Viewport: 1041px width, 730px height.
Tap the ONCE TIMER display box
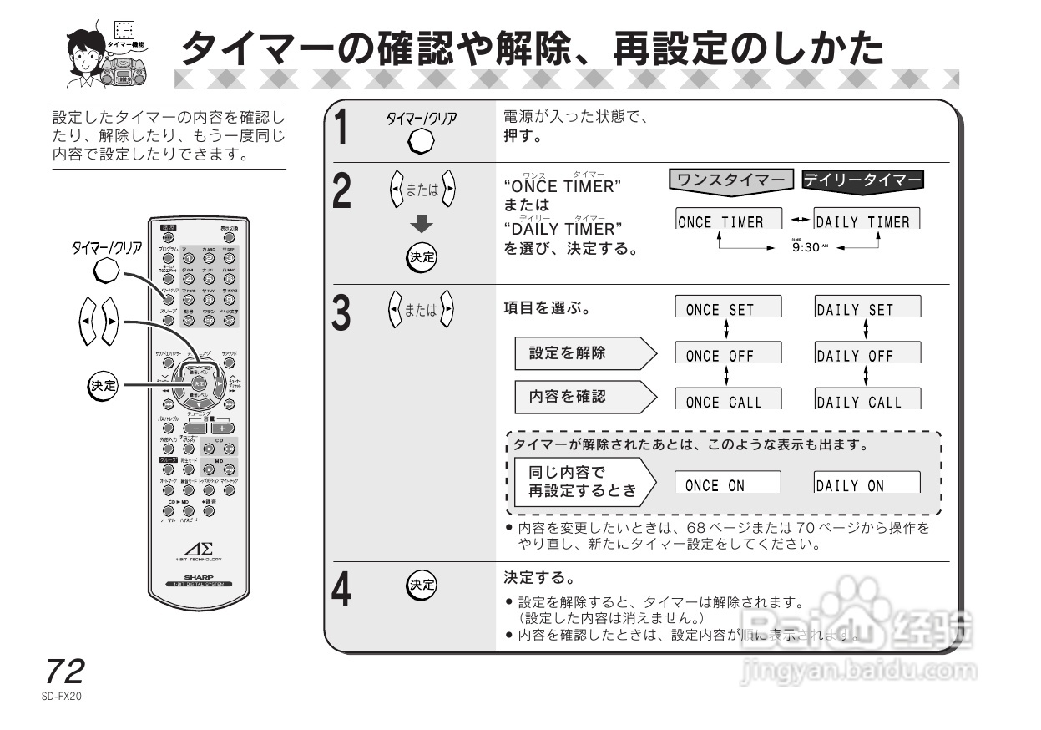pos(728,221)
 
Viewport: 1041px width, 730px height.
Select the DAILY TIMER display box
pos(866,221)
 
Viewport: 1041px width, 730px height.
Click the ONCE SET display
pos(728,308)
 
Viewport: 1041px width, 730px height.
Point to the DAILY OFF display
pos(866,354)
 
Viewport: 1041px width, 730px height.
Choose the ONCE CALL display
pos(728,400)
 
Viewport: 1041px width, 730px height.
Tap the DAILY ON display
pos(866,484)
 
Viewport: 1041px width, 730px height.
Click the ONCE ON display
pos(728,484)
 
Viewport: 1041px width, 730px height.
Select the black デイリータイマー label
pos(862,180)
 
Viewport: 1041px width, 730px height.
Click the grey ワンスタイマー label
pos(732,180)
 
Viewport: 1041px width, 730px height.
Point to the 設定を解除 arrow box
pos(584,354)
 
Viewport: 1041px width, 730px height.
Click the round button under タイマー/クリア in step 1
pos(421,143)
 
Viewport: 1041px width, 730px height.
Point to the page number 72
pos(65,672)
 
